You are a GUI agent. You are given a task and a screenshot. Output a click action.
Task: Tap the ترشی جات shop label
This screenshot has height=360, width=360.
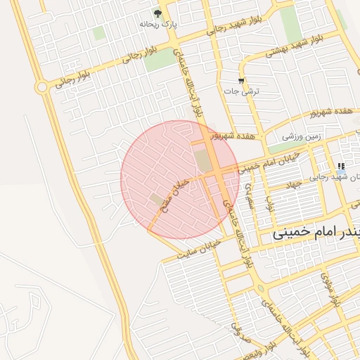pyautogui.click(x=246, y=91)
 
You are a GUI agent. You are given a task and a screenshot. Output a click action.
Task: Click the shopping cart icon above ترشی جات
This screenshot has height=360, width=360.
pyautogui.click(x=242, y=81)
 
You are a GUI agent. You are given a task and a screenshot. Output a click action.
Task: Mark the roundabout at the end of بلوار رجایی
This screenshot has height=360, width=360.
pyautogui.click(x=42, y=87)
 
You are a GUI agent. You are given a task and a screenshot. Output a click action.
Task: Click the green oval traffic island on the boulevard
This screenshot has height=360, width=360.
pyautogui.click(x=261, y=288)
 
